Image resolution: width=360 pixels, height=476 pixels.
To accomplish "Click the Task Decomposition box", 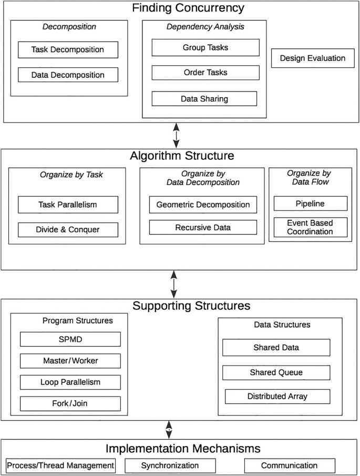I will click(x=68, y=50).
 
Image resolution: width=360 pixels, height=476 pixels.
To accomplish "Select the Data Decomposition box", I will click(x=68, y=75).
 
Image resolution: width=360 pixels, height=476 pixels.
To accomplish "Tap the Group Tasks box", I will click(x=205, y=47).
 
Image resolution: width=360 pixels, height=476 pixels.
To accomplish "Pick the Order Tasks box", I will click(x=205, y=73).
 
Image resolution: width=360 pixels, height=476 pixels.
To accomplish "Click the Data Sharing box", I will click(x=204, y=98).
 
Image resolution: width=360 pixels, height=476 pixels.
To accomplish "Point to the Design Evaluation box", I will click(x=312, y=58).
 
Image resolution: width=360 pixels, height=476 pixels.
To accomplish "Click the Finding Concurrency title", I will click(x=180, y=8).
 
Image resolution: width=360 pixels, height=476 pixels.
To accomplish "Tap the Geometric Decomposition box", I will click(x=203, y=204).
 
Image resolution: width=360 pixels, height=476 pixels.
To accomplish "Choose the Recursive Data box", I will click(x=203, y=227).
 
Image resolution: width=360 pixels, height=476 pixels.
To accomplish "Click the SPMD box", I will click(x=70, y=339).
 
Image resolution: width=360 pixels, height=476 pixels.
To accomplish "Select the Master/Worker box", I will click(x=70, y=360).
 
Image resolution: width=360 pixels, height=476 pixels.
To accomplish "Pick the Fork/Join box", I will click(x=70, y=403).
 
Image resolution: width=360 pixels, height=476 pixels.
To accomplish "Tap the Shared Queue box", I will click(x=276, y=372).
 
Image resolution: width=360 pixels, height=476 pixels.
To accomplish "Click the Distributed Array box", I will click(x=277, y=396).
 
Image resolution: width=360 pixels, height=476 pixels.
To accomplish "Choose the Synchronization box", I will click(x=170, y=465).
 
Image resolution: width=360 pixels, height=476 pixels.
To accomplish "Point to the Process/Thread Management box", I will click(x=60, y=465).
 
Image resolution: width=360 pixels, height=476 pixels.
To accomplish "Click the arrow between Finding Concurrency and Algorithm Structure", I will click(x=176, y=135).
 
